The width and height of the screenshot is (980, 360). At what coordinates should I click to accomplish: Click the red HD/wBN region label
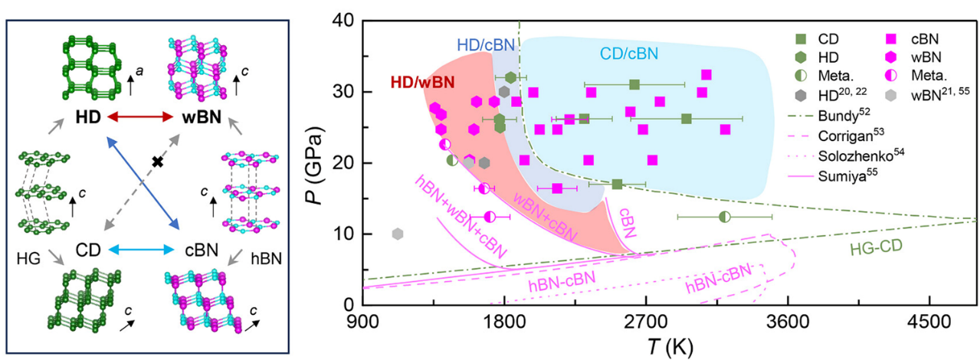[x=422, y=82]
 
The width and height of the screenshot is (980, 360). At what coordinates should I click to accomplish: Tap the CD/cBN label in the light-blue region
[x=629, y=54]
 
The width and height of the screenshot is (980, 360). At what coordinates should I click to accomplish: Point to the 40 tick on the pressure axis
[x=345, y=21]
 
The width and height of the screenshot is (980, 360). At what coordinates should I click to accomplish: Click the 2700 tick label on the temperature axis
[x=646, y=322]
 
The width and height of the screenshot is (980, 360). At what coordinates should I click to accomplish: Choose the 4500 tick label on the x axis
[x=929, y=322]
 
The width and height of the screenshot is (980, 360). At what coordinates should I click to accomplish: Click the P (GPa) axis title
[x=314, y=165]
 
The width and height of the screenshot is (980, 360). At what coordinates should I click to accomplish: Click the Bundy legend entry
[x=829, y=116]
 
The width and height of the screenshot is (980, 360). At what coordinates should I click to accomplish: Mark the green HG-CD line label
[x=876, y=248]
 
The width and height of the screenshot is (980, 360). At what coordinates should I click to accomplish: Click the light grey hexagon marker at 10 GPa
[x=397, y=234]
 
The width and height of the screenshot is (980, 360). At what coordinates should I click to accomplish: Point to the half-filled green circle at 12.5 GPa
[x=725, y=217]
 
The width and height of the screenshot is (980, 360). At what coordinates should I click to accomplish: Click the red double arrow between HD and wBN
[x=140, y=116]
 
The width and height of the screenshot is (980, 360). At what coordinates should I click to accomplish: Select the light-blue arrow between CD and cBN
[x=141, y=250]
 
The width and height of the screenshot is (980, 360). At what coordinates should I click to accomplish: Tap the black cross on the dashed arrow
[x=158, y=162]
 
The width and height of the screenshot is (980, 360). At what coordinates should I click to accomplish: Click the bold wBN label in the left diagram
[x=202, y=117]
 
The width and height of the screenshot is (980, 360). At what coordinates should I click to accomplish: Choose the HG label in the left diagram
[x=28, y=259]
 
